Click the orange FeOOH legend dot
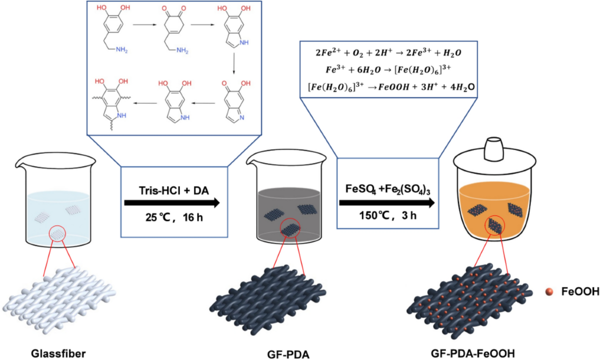click(548, 291)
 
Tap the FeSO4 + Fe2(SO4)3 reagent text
click(385, 189)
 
